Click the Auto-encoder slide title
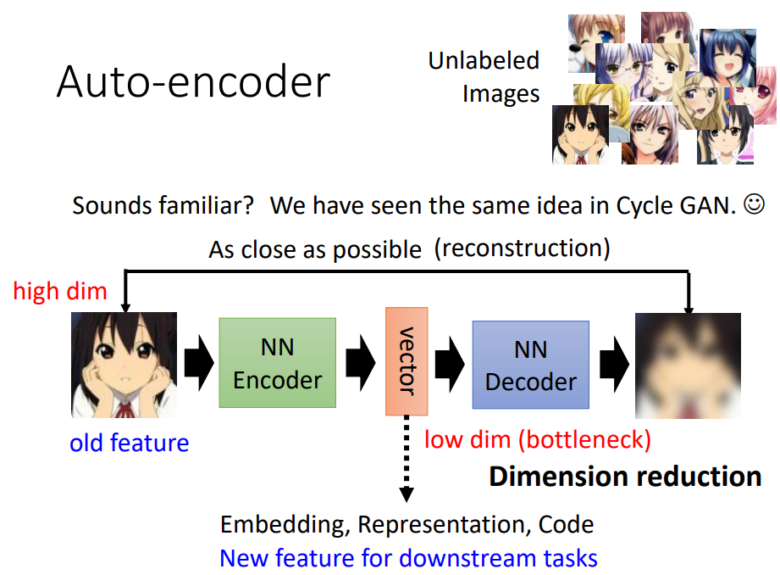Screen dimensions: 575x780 click(x=193, y=84)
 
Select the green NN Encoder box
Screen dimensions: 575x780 click(x=278, y=363)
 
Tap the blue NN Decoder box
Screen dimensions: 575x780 click(x=530, y=366)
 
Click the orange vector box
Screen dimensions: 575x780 click(x=406, y=361)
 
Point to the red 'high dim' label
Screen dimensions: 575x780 click(x=60, y=292)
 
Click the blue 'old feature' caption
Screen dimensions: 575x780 click(x=130, y=442)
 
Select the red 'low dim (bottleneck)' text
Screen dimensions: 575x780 click(x=537, y=439)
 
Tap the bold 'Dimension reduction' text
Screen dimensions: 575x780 click(x=625, y=476)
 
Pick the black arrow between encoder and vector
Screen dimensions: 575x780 click(x=360, y=363)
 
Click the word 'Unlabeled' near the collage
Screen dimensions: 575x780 click(x=484, y=61)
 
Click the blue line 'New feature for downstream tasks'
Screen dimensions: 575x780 click(x=408, y=558)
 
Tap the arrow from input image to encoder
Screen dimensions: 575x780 click(x=198, y=363)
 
